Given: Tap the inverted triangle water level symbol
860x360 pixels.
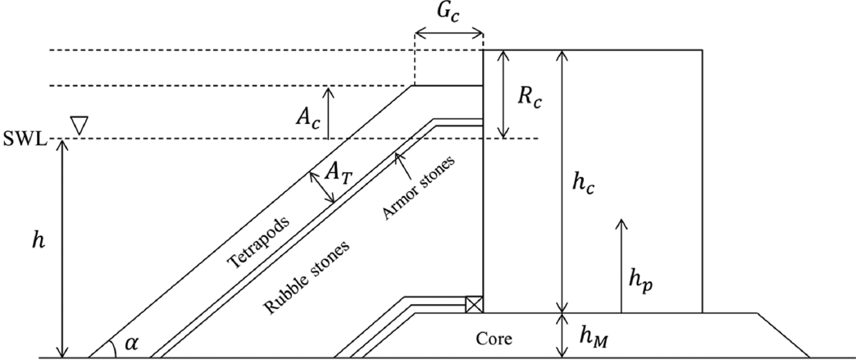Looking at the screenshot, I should point(80,125).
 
